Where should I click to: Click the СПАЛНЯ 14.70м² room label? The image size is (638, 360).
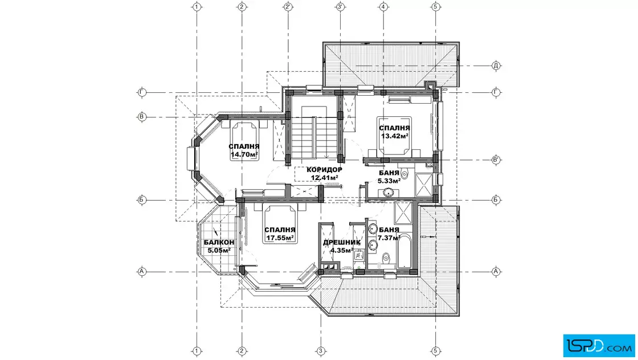click(x=244, y=150)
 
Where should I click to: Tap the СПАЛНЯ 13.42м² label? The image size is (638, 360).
click(x=394, y=132)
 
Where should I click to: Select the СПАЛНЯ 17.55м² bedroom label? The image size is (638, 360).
click(x=280, y=234)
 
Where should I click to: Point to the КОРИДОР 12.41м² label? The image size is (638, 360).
click(x=324, y=174)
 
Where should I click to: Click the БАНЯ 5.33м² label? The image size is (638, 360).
click(x=390, y=177)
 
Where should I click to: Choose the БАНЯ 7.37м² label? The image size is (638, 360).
click(x=389, y=234)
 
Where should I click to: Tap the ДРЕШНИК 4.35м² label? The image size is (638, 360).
click(x=341, y=247)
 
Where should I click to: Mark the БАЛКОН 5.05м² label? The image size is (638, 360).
click(x=219, y=247)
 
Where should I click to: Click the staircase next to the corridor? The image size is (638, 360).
click(x=313, y=132)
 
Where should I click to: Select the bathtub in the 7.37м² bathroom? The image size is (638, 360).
click(x=404, y=252)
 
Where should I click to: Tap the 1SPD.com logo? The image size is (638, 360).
click(x=599, y=346)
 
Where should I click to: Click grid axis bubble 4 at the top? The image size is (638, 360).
click(x=383, y=6)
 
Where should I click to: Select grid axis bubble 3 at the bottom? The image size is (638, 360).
click(x=321, y=351)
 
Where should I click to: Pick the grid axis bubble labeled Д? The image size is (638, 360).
click(x=496, y=66)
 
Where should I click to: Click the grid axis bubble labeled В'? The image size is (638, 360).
click(x=496, y=159)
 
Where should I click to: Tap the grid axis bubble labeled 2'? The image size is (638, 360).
click(x=288, y=6)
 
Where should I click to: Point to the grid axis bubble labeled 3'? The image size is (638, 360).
click(x=340, y=6)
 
